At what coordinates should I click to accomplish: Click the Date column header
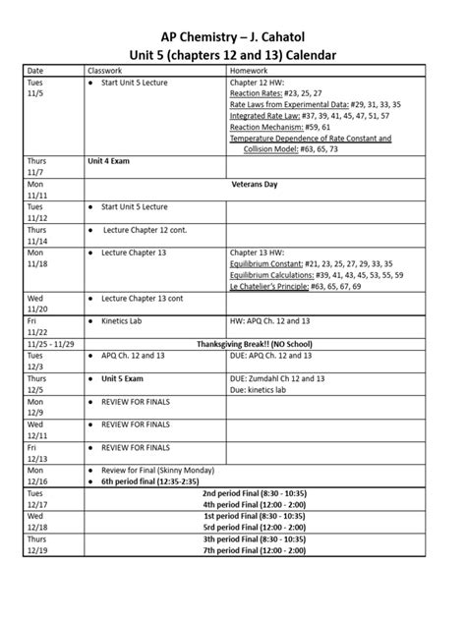point(35,72)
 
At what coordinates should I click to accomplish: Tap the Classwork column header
point(108,72)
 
